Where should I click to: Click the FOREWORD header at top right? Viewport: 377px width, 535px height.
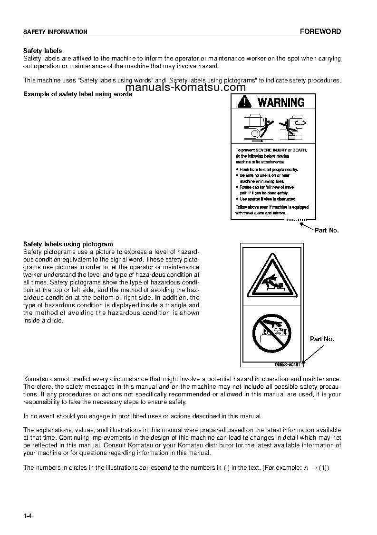320,31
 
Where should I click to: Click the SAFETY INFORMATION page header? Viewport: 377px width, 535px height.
55,32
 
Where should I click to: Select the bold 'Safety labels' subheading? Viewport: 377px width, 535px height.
43,50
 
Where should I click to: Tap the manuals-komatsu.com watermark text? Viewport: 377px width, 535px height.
186,88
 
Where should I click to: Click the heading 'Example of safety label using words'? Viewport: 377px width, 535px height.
77,94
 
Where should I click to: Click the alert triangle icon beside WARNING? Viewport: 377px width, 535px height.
244,101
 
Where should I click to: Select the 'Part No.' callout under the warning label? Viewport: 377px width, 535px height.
327,230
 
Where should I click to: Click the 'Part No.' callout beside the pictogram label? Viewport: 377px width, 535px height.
322,339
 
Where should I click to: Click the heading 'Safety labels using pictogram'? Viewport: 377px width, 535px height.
68,244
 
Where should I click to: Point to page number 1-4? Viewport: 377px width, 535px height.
27,516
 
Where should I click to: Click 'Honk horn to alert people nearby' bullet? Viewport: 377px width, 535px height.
268,169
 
